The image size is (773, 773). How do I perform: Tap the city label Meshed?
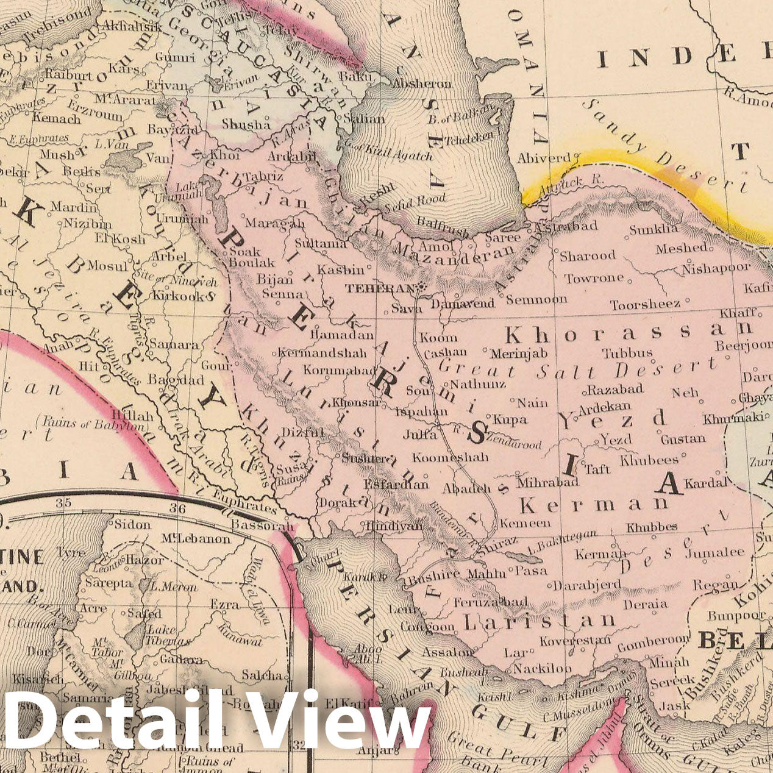click(x=682, y=248)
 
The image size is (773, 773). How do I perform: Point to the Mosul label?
click(x=108, y=266)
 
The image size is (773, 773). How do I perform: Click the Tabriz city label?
click(x=263, y=177)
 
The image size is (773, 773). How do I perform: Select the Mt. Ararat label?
click(x=125, y=99)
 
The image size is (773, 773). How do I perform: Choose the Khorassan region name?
click(x=628, y=333)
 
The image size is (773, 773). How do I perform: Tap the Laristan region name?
click(x=539, y=621)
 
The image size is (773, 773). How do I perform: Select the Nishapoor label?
click(x=716, y=268)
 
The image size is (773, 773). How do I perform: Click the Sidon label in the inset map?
click(x=132, y=524)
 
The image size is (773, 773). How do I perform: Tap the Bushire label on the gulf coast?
click(x=435, y=574)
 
